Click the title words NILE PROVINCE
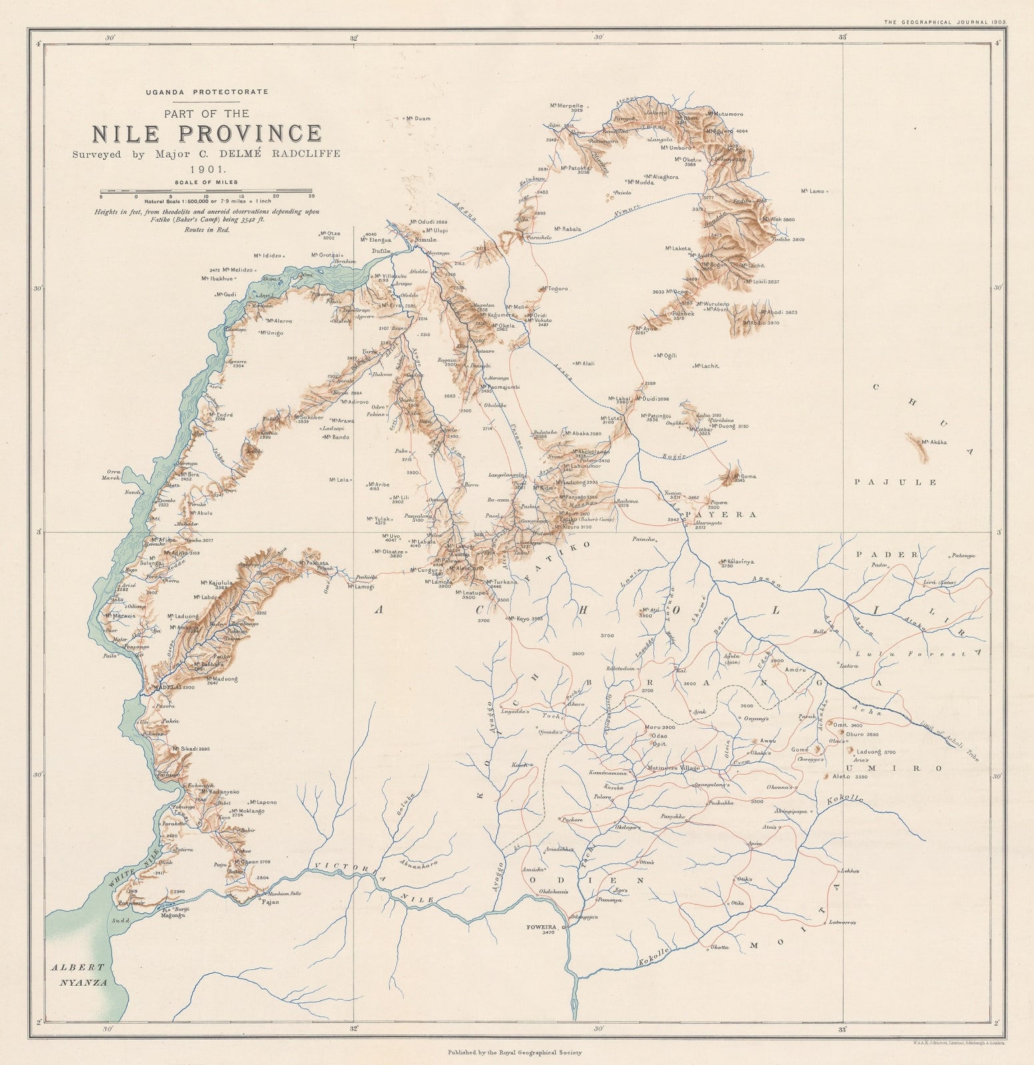click(206, 133)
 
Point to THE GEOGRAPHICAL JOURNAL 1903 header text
click(945, 21)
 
